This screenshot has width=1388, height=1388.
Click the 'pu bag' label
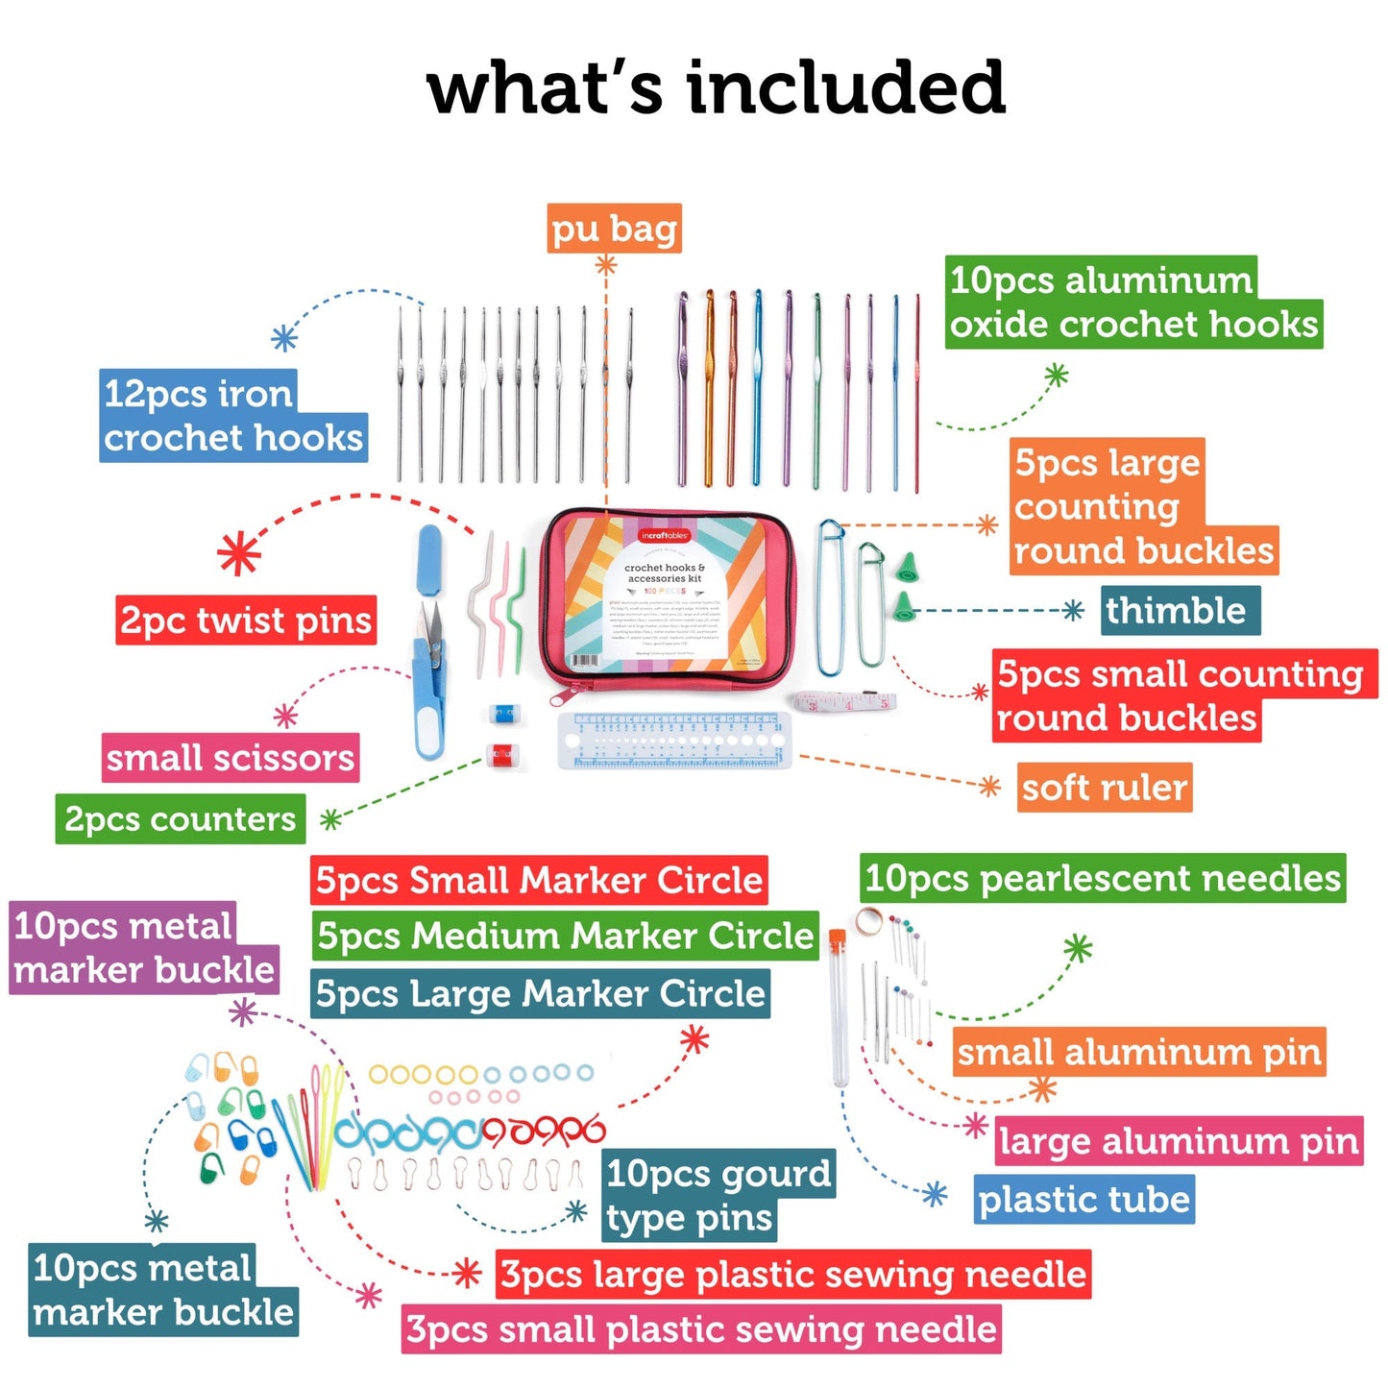(614, 229)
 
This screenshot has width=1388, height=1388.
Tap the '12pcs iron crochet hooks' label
(232, 416)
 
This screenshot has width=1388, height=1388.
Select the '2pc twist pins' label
(245, 621)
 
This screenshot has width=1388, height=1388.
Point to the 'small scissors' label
(231, 758)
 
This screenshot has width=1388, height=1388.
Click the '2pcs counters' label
(181, 819)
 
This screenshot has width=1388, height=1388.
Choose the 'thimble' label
(1179, 611)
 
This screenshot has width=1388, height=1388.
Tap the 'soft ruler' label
(1105, 788)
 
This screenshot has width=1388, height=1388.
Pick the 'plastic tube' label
(1084, 1199)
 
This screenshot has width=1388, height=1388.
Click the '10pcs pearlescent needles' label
(1102, 878)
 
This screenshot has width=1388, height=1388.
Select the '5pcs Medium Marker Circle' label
(565, 936)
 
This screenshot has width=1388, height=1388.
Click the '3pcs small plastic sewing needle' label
(701, 1329)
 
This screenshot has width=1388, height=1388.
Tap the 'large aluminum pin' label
(1179, 1141)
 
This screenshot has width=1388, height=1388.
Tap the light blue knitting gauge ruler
(673, 741)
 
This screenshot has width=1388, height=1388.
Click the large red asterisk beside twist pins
(239, 554)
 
